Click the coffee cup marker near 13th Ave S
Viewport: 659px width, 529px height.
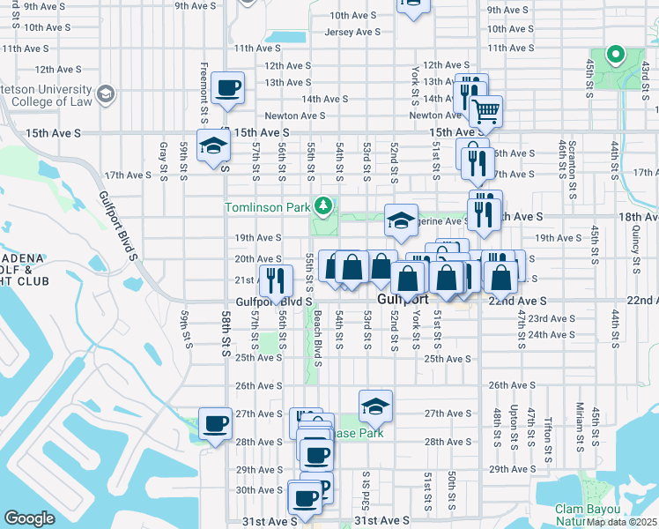coord(228,88)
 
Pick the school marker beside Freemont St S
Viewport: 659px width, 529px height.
coord(212,147)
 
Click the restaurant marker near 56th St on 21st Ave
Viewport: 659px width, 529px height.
coord(275,280)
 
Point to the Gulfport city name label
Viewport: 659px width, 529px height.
coord(402,300)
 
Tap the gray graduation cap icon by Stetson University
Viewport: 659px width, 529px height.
coord(106,93)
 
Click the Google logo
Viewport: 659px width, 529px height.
coord(29,518)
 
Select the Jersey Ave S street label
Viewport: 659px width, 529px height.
coord(352,31)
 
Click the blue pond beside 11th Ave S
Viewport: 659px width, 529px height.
coord(285,39)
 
